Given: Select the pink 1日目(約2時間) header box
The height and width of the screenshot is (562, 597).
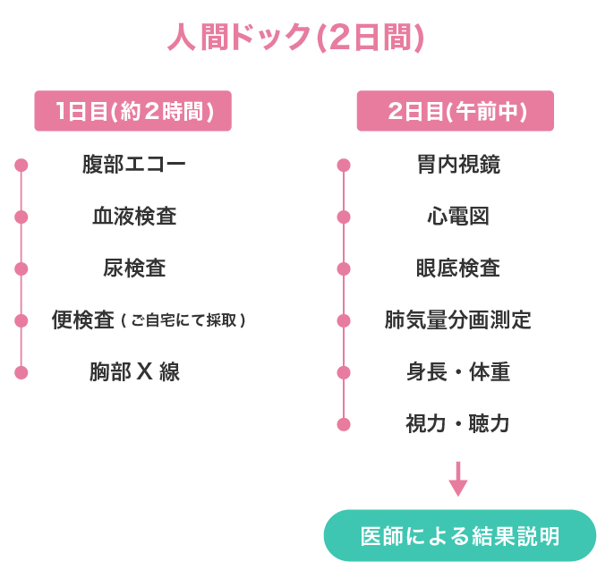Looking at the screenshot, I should (x=132, y=112).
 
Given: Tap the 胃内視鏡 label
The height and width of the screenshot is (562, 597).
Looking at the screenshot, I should (x=458, y=165).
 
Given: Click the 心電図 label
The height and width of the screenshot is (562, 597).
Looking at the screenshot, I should (x=458, y=217).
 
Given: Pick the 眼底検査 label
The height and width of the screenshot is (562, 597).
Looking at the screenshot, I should (x=458, y=268).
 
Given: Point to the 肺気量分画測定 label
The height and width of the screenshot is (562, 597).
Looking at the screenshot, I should (x=458, y=320).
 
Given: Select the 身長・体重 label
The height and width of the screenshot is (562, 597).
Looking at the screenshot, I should (x=458, y=372).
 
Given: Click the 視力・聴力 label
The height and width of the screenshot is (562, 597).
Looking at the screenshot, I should (x=458, y=424).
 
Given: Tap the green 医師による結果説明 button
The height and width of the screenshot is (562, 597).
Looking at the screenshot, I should (x=459, y=536).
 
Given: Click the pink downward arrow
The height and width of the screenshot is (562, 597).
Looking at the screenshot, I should (x=458, y=479).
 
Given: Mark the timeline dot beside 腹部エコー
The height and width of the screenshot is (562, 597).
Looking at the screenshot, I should (x=21, y=165).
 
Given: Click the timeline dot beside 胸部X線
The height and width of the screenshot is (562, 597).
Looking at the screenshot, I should (x=21, y=372).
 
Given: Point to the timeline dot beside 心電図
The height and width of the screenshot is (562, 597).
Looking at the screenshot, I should (x=344, y=217).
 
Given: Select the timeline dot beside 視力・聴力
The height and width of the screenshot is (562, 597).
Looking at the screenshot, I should (x=344, y=424).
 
